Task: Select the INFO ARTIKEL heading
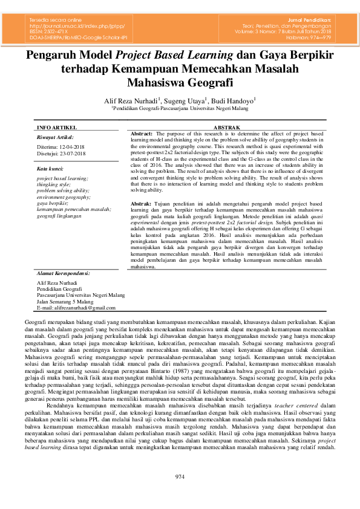coord(57,128)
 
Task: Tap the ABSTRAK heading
coord(227,128)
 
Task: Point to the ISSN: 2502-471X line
coord(50,32)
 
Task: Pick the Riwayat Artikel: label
coord(55,138)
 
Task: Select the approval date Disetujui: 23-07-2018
coord(62,154)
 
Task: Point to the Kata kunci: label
coord(51,169)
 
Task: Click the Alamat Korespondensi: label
coord(64,273)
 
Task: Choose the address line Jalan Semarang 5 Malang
coord(65,301)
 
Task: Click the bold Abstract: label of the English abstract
coord(142,133)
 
